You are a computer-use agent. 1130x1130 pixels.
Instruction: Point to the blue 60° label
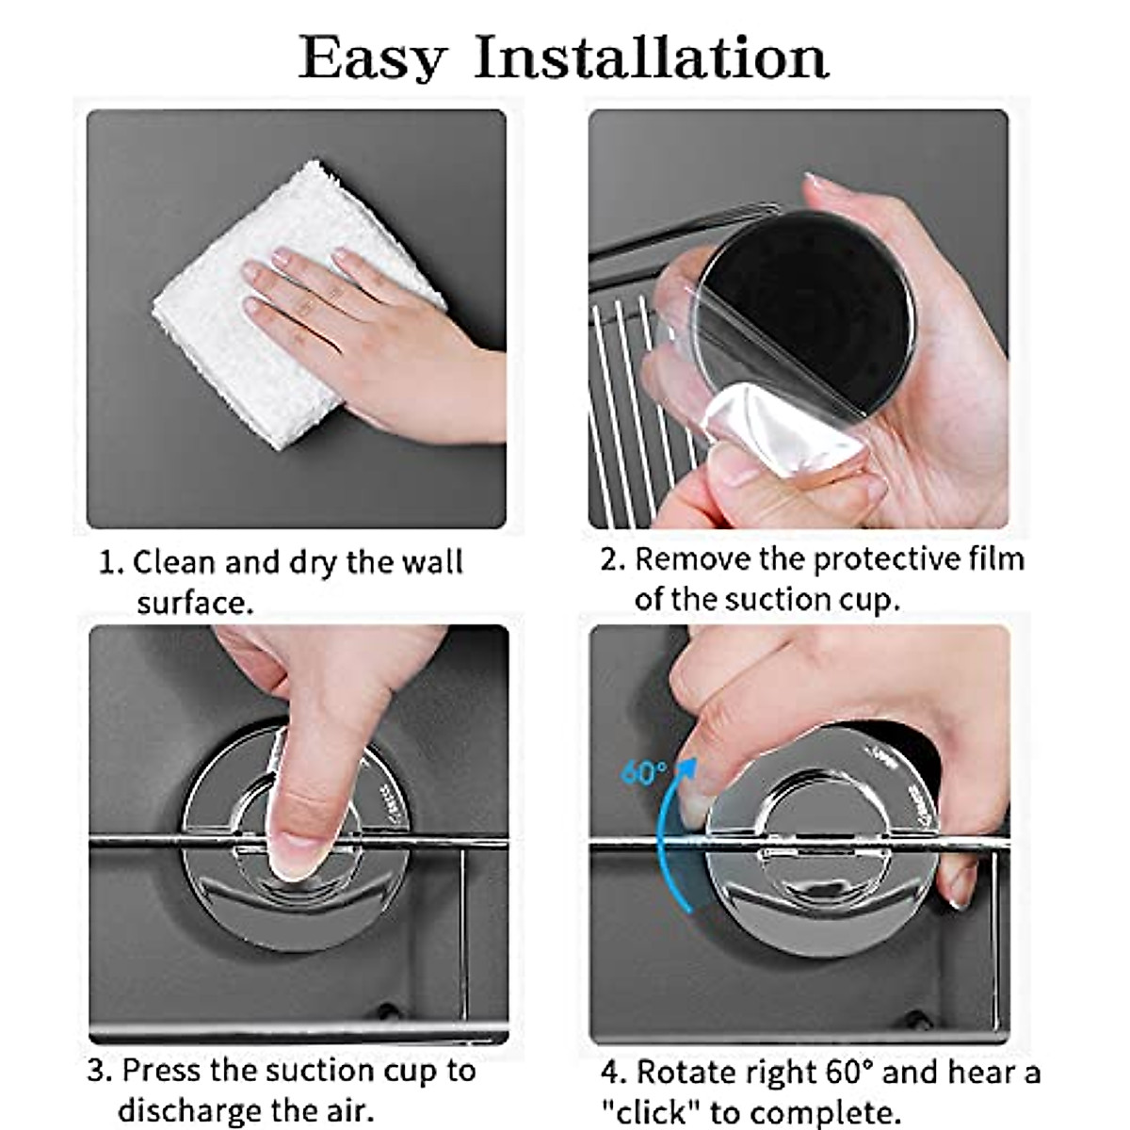pos(643,772)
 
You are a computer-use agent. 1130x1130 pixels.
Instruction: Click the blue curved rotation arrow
pos(666,832)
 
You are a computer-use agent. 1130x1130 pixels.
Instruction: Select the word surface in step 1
pos(195,603)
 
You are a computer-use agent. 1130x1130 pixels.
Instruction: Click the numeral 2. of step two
pos(613,559)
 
